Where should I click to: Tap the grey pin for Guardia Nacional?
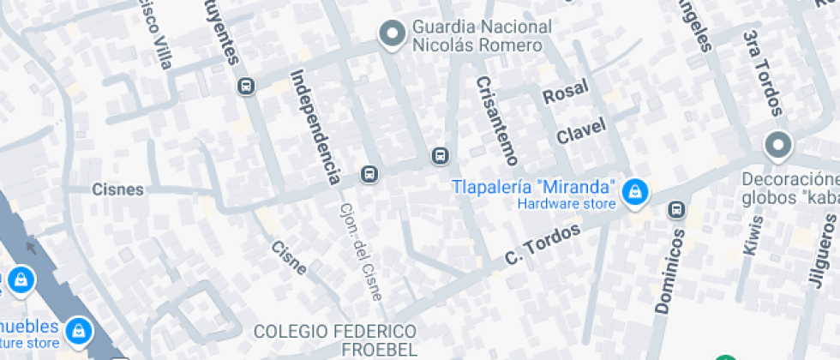tap(393, 34)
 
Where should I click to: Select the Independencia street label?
tap(315, 127)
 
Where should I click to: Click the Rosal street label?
tap(566, 90)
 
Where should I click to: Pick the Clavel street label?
tap(581, 131)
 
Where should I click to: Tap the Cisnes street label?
tap(118, 189)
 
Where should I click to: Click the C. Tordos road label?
tap(543, 244)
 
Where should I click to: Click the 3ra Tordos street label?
tap(764, 73)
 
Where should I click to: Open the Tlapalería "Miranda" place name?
tap(535, 187)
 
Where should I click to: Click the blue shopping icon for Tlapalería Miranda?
tap(634, 191)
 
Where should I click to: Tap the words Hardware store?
tap(567, 204)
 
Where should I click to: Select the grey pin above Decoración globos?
tap(778, 145)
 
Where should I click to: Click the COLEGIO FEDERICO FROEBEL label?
tap(335, 339)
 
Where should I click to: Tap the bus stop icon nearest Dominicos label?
tap(677, 208)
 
